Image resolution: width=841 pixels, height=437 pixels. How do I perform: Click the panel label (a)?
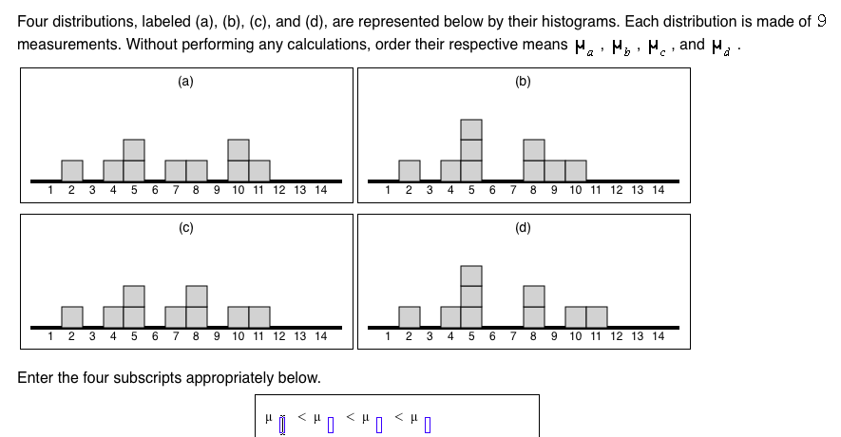coord(185,82)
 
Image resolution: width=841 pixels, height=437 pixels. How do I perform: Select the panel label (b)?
coord(523,82)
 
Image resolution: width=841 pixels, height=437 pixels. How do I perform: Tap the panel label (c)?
coord(185,227)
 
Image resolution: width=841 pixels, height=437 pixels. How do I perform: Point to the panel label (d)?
coord(523,227)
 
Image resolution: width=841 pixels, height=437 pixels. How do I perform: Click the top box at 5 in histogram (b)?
coord(471,128)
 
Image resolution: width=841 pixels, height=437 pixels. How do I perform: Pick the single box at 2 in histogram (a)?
coord(71,170)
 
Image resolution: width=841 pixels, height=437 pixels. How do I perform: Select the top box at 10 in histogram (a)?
coord(238,149)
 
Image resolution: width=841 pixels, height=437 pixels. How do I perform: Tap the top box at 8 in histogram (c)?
coord(196,295)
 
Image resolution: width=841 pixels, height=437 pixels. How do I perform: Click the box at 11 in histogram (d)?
coord(597,316)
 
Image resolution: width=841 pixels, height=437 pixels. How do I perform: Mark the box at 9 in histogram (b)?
coord(555,170)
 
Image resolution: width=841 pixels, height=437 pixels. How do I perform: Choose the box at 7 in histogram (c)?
coord(175,316)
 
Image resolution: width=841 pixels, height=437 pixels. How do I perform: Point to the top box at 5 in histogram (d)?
coord(471,275)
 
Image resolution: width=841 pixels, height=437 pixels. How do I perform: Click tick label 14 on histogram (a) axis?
coord(320,190)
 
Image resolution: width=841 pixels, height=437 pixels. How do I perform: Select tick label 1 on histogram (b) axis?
coord(389,190)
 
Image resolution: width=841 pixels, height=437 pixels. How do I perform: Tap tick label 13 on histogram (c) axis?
coord(299,336)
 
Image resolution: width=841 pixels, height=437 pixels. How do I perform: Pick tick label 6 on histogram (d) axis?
coord(492,336)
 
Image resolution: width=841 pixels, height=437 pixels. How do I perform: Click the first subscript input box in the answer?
coord(282,422)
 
